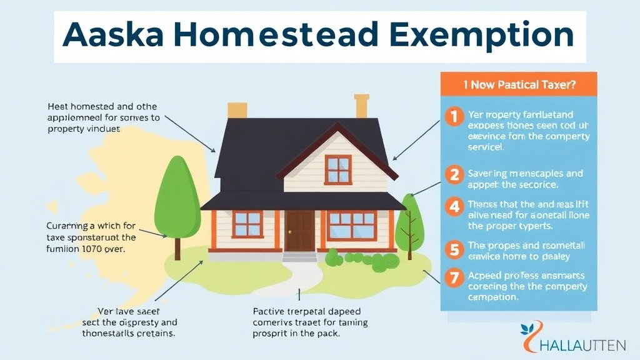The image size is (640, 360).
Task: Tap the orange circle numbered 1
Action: (x=452, y=117)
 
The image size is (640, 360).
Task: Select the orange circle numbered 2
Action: (x=452, y=174)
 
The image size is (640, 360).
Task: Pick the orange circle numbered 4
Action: (x=452, y=206)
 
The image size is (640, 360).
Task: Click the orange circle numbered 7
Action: (x=452, y=276)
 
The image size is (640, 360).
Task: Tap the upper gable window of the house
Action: (x=339, y=170)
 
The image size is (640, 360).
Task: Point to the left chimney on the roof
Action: (x=237, y=110)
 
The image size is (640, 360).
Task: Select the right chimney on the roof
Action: (x=361, y=106)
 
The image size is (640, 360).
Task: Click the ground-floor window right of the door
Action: (x=351, y=226)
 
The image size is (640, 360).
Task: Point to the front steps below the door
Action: (x=299, y=256)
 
